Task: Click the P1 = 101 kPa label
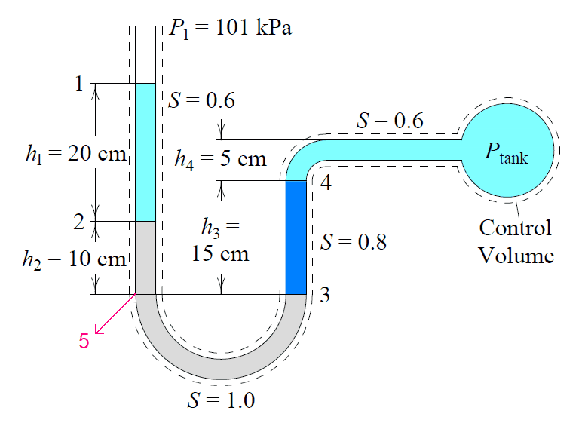coord(231,30)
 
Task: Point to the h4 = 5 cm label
coord(220,158)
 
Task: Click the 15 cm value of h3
coord(220,253)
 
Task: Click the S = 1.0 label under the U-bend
coord(221,400)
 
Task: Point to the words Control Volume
coord(516,241)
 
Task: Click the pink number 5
coord(84,341)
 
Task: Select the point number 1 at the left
coord(79,84)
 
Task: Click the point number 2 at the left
coord(79,222)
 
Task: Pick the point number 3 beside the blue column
coord(325,295)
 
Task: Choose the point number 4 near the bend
coord(325,183)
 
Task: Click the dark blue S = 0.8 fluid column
coord(296,238)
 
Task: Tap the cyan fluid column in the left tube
coord(145,151)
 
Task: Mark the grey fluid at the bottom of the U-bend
coord(220,366)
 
